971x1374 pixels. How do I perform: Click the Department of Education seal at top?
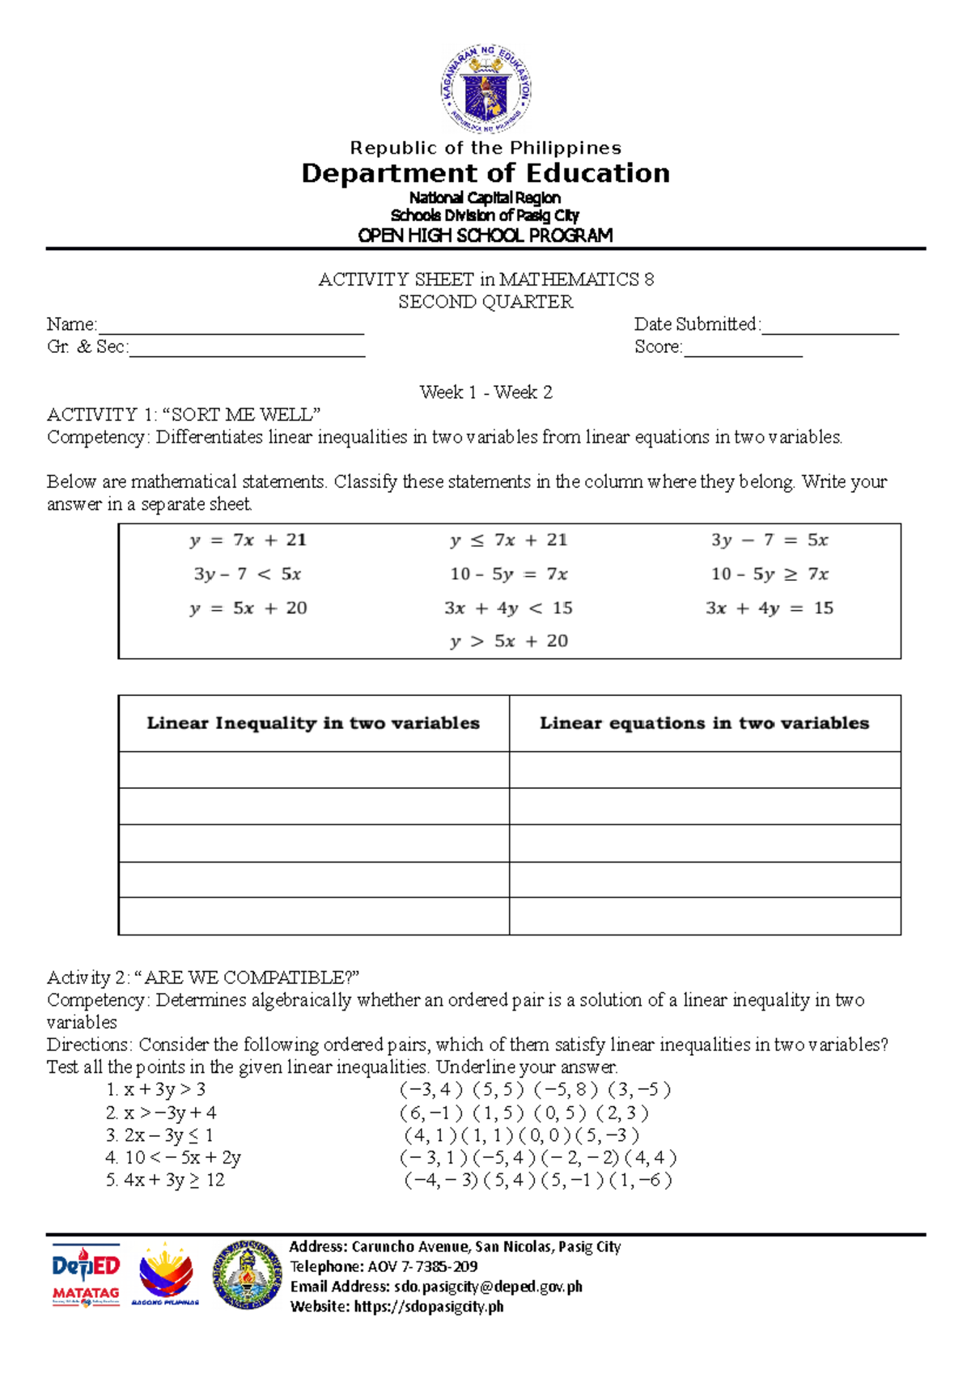485,89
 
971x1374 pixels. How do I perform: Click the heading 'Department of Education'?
485,173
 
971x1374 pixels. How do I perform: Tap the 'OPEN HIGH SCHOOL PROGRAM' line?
485,235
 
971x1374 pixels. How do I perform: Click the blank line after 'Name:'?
231,328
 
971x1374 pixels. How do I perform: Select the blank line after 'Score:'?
743,350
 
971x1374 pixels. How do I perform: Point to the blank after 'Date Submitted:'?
830,328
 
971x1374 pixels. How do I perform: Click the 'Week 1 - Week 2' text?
485,392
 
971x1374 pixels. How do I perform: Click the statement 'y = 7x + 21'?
248,541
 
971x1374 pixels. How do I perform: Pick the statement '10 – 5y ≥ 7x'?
770,575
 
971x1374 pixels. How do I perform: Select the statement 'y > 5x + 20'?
509,642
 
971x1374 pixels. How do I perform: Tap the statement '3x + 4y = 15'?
770,609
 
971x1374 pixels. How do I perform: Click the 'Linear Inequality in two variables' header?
313,723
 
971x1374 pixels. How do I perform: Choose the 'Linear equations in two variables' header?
705,723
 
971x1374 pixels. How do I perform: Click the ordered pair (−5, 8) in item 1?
566,1090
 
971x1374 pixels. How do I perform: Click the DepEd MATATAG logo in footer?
86,1275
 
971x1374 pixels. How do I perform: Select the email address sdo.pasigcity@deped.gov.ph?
488,1287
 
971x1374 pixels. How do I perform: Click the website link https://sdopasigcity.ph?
429,1306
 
